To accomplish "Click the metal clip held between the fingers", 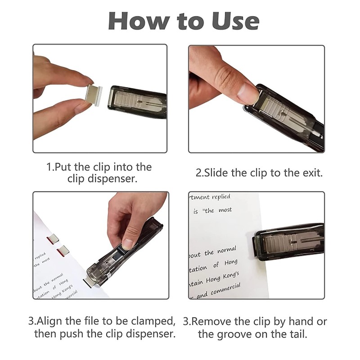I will tap(95, 95).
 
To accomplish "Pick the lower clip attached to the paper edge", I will tap(63, 251).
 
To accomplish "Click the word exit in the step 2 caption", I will tap(310, 173).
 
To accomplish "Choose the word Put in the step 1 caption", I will tap(63, 167).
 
